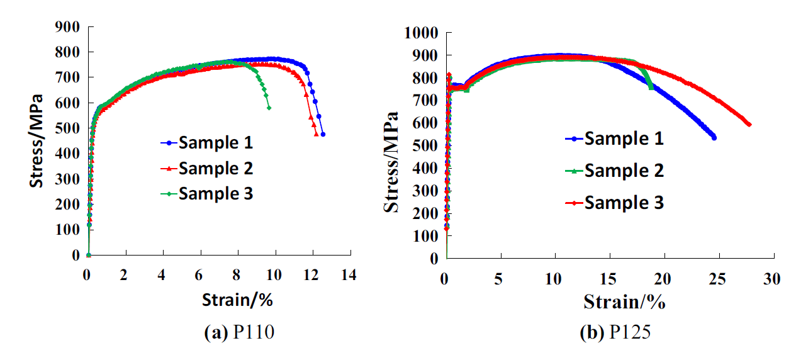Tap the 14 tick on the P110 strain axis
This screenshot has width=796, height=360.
349,275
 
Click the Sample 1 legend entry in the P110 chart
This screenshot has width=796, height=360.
215,143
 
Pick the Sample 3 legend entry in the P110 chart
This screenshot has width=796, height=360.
215,193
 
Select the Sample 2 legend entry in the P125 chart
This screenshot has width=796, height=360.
624,170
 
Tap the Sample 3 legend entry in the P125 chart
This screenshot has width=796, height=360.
624,203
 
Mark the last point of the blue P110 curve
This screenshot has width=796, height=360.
323,134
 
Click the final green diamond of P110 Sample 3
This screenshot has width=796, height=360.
269,108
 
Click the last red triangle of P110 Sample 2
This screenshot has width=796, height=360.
316,134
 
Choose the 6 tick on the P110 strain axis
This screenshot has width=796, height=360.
200,275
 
